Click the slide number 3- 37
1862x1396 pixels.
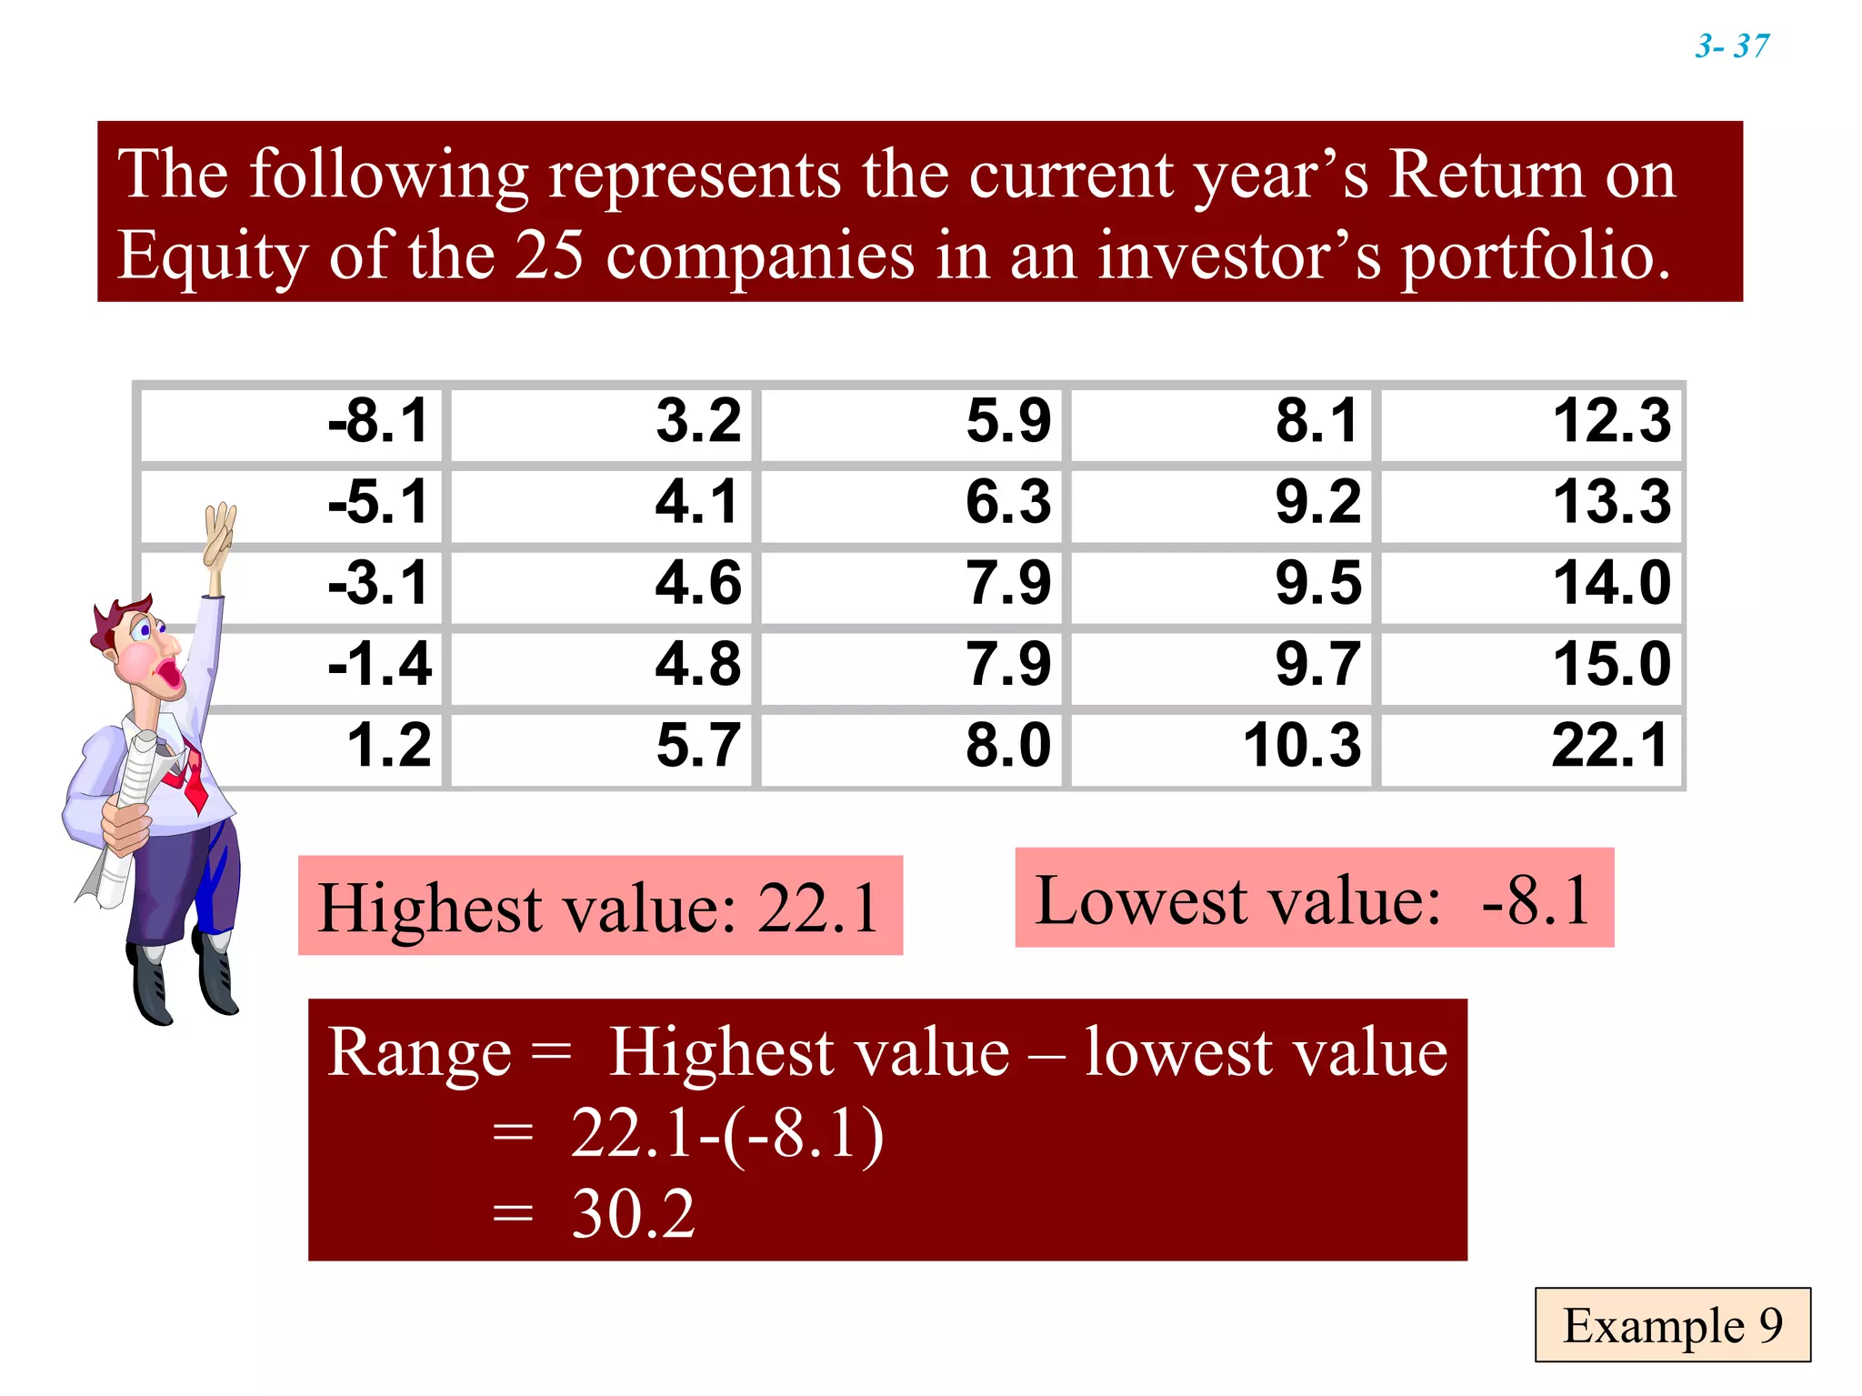click(1732, 45)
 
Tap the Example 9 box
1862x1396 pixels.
click(1672, 1325)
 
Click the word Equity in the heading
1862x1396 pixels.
click(213, 256)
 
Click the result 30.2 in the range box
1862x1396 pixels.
click(634, 1214)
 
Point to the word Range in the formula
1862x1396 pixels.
click(419, 1052)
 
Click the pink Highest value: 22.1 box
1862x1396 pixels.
click(600, 906)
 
